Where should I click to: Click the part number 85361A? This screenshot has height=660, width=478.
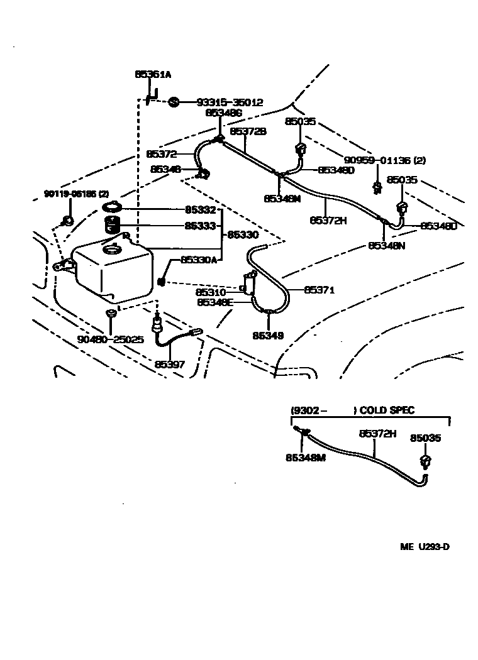click(153, 74)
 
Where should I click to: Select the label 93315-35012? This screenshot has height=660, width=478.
click(230, 102)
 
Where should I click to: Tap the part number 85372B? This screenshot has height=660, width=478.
click(248, 131)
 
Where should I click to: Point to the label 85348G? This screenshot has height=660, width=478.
click(223, 113)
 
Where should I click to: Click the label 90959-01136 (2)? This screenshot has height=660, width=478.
click(384, 160)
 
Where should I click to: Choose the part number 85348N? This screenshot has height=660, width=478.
click(386, 245)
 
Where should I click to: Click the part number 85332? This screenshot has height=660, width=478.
click(200, 209)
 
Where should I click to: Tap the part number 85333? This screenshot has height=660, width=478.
click(200, 225)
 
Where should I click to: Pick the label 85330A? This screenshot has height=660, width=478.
click(198, 260)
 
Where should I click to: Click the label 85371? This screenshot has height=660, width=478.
click(319, 290)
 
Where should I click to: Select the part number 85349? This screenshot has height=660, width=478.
click(268, 336)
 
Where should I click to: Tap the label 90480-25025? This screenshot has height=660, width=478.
click(110, 339)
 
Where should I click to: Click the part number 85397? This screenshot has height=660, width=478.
click(170, 365)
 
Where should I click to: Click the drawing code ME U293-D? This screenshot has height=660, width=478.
click(425, 546)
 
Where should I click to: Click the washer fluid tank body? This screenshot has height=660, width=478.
click(113, 270)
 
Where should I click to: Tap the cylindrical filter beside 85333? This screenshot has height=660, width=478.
click(113, 224)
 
